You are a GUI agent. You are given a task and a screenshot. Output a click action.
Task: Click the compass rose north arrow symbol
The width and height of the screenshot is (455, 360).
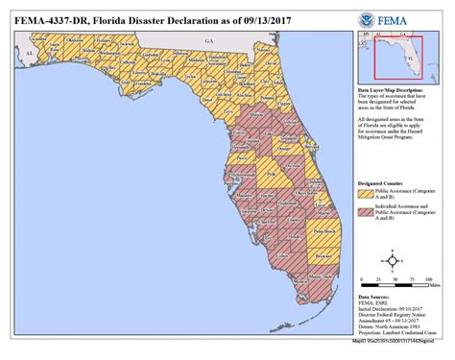[393, 260]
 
